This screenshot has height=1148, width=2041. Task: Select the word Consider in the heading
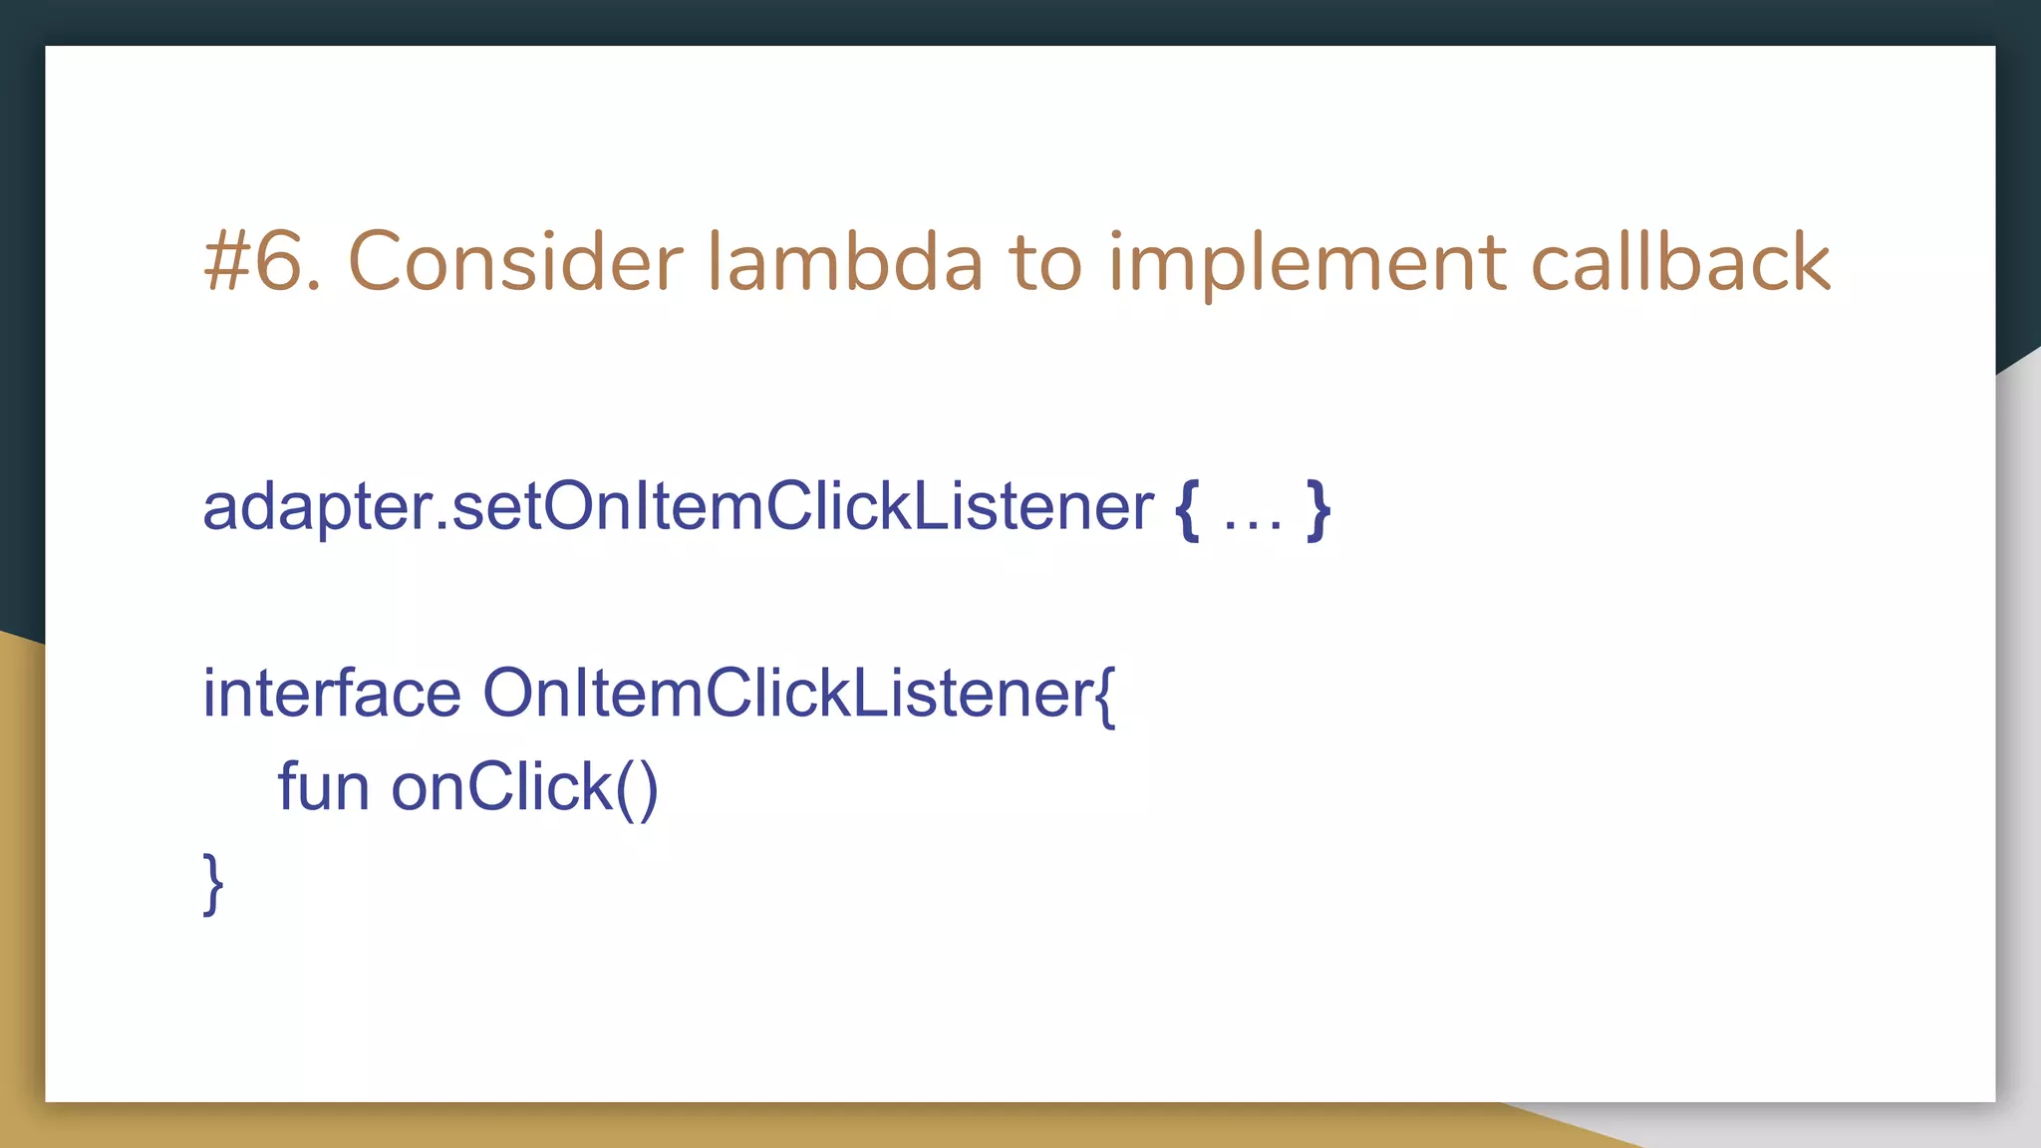514,262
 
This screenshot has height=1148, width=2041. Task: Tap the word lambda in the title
845,262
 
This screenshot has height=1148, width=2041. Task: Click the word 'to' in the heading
1045,262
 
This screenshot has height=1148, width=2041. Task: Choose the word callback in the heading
1680,262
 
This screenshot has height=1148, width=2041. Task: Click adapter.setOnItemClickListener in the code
678,506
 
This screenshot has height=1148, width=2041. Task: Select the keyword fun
323,786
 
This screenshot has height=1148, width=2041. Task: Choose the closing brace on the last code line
213,883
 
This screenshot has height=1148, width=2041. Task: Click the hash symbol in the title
226,262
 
